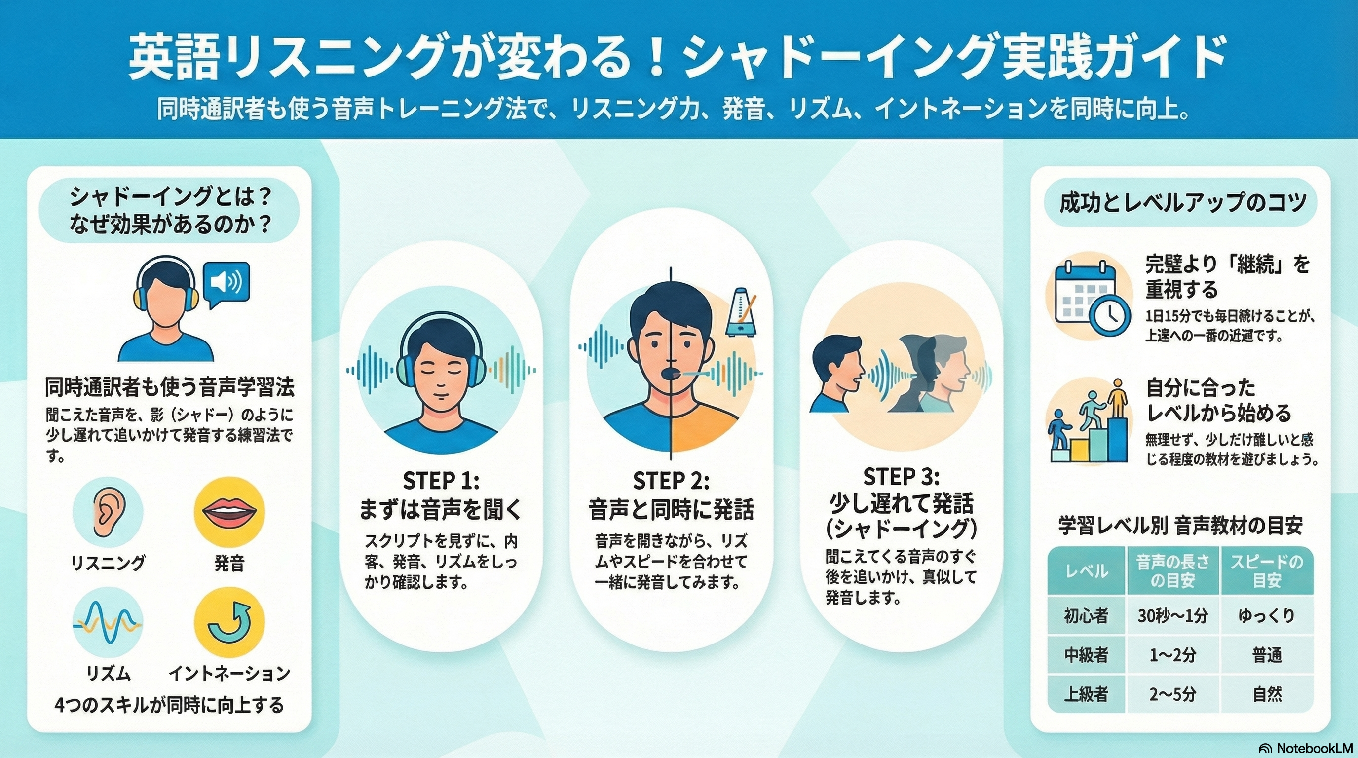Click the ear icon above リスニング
pyautogui.click(x=107, y=511)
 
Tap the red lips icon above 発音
pyautogui.click(x=229, y=512)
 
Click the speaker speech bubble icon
pyautogui.click(x=226, y=285)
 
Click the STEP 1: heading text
pyautogui.click(x=441, y=481)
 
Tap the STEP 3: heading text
pyautogui.click(x=901, y=477)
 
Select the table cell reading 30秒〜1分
pyautogui.click(x=1172, y=616)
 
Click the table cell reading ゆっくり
pyautogui.click(x=1266, y=616)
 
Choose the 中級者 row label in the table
pyautogui.click(x=1086, y=655)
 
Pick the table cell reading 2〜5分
pyautogui.click(x=1172, y=695)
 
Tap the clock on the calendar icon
pyautogui.click(x=1109, y=315)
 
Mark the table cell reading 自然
pyautogui.click(x=1266, y=695)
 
